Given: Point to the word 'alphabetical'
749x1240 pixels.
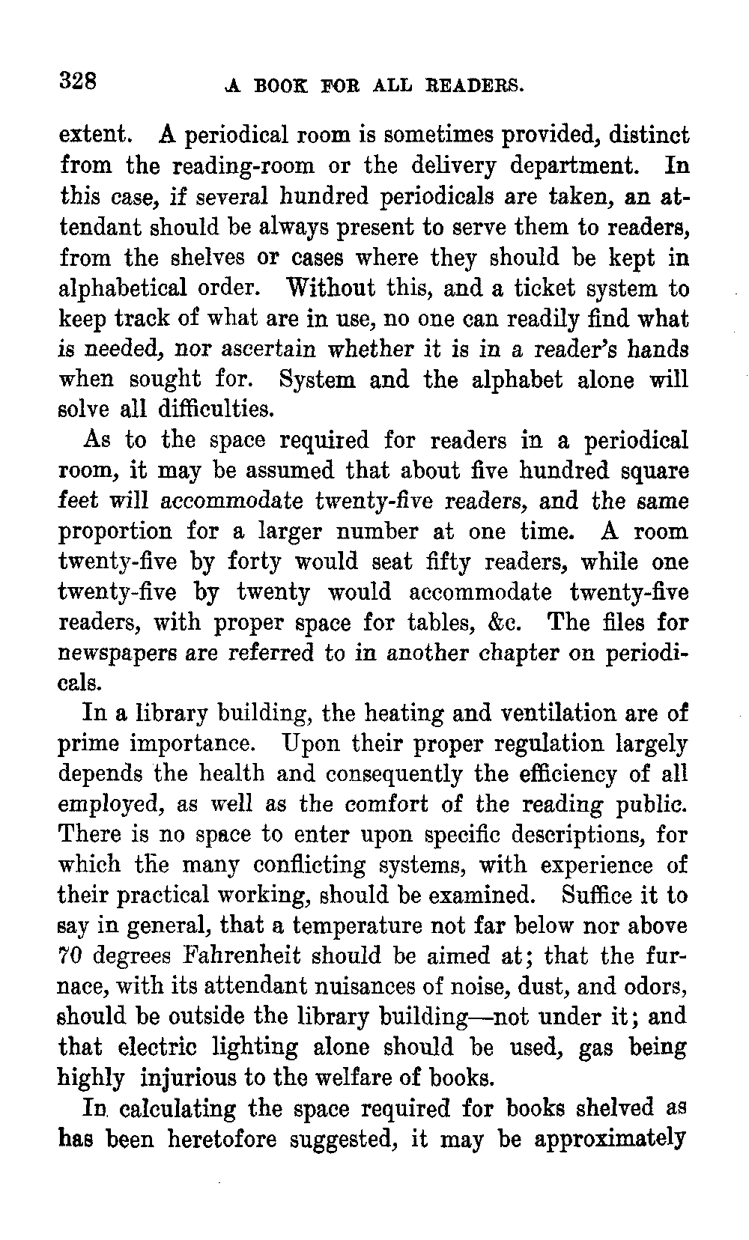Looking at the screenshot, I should pos(124,289).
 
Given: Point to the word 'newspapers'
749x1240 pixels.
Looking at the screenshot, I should pos(113,654).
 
